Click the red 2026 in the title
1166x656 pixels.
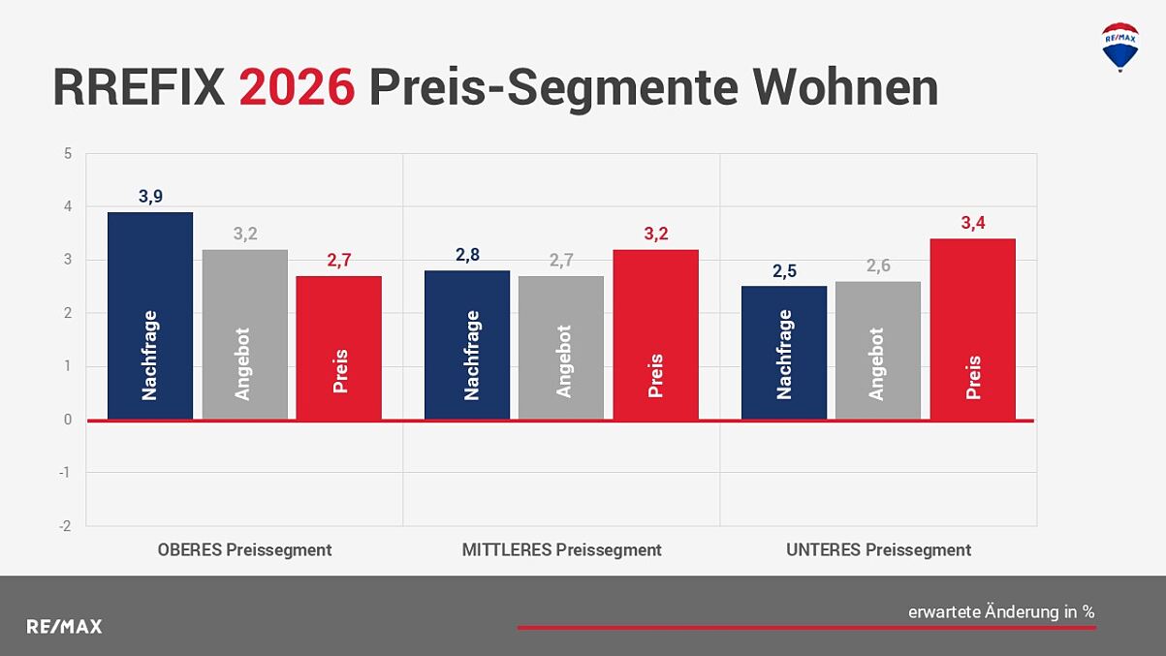(297, 88)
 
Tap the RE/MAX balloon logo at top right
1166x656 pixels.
(1120, 47)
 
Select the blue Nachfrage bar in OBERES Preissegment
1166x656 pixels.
(150, 316)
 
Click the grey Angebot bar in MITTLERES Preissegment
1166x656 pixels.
(561, 348)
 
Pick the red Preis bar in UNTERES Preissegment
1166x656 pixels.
(973, 329)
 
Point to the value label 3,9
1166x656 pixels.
(150, 197)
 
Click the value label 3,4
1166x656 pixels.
(973, 224)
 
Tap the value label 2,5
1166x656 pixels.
(784, 271)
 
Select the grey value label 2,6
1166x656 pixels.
(878, 266)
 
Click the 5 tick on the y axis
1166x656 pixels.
(68, 153)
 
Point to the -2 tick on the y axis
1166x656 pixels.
(66, 525)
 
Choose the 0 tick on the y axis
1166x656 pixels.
(68, 420)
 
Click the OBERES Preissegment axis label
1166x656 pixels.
(244, 550)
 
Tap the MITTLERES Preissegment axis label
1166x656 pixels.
(561, 550)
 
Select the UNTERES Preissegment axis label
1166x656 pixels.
(878, 550)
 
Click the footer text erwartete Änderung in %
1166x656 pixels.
(1000, 611)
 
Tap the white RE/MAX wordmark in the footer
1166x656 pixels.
(64, 626)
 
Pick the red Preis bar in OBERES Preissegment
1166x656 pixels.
(339, 348)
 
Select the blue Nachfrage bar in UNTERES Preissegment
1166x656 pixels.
(784, 353)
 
